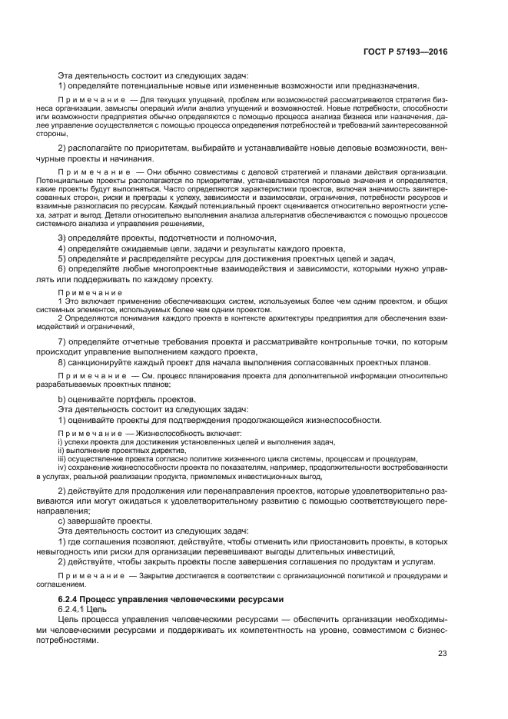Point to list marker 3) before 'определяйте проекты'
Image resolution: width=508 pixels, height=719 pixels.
(62, 238)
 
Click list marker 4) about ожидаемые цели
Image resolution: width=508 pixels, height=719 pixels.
(62, 248)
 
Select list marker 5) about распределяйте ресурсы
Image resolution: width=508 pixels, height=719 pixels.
(62, 259)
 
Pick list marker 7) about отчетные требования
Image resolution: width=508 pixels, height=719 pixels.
(62, 341)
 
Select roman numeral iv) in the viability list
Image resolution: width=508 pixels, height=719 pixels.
(62, 468)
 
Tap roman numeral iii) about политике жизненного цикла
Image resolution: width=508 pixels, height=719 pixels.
(62, 459)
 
